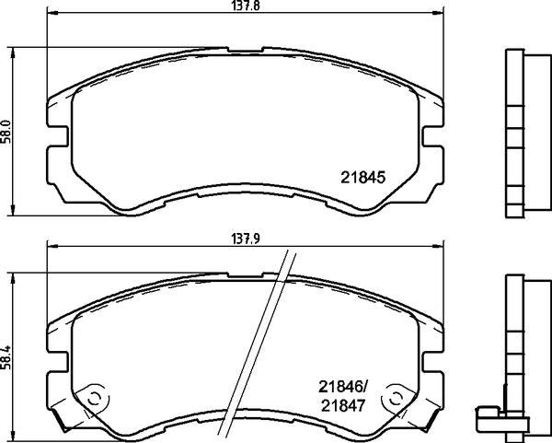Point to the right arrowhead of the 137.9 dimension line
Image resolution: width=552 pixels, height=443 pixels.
(x=437, y=246)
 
